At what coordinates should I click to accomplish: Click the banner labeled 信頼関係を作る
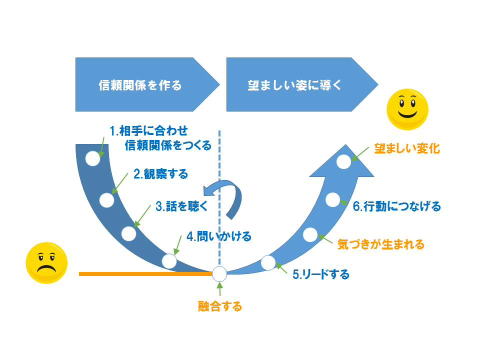[x=140, y=84]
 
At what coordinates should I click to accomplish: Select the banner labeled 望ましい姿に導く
[x=295, y=84]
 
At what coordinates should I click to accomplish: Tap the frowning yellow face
[x=46, y=264]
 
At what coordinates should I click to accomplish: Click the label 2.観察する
[x=160, y=174]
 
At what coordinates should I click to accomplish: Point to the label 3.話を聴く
[x=178, y=205]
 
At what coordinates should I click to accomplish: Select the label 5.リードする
[x=320, y=274]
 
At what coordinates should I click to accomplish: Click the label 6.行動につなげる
[x=397, y=206]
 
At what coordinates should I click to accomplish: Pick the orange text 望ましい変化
[x=407, y=149]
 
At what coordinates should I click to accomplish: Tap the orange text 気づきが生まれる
[x=381, y=244]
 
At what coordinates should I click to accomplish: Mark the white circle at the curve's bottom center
[x=219, y=273]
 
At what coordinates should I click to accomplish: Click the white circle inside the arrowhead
[x=343, y=161]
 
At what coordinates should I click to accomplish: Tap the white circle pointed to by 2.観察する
[x=106, y=200]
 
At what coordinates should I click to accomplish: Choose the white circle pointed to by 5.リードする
[x=268, y=262]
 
